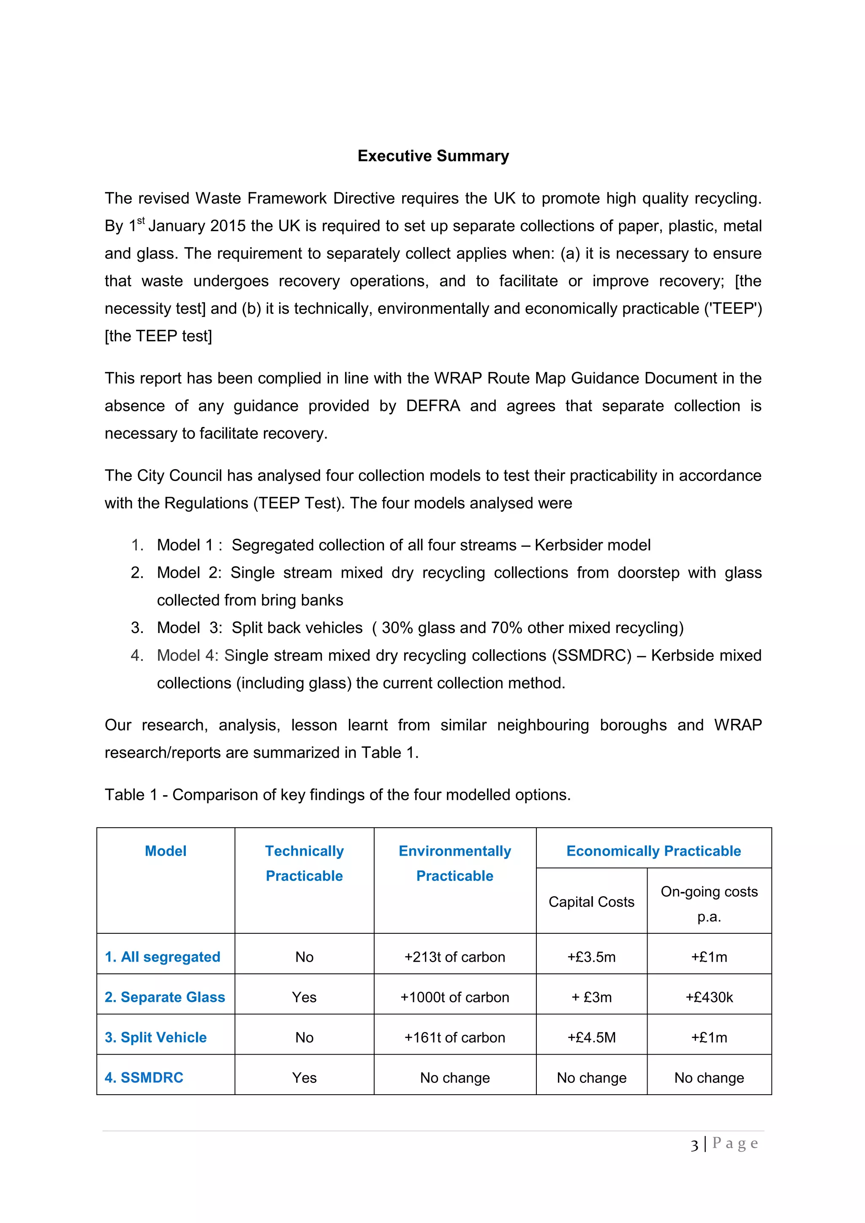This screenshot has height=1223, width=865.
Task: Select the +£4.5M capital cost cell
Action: (591, 1037)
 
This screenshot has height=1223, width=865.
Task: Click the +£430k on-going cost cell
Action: (709, 997)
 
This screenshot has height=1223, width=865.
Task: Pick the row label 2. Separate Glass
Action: (165, 997)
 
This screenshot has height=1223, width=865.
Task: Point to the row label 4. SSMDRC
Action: (144, 1078)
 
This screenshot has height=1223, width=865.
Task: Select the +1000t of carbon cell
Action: (454, 997)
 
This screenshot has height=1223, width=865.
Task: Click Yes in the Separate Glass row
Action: (304, 997)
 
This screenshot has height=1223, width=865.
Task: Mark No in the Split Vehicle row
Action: (304, 1037)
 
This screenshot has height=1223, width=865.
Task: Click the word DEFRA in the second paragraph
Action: (432, 406)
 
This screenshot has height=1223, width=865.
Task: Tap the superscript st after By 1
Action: (141, 220)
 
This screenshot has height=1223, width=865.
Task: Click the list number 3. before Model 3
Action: (137, 628)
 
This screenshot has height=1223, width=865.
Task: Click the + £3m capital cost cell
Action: (591, 997)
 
